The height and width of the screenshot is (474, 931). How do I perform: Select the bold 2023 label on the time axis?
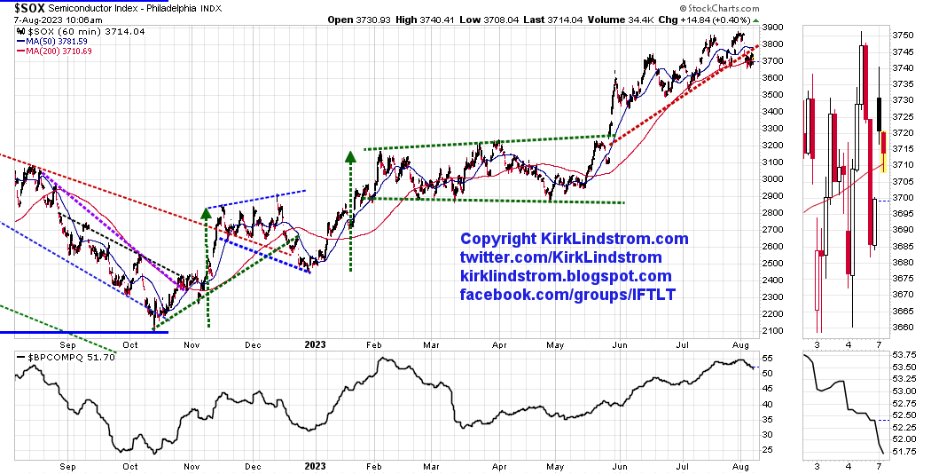(315, 342)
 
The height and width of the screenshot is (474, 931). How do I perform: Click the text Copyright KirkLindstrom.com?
(574, 239)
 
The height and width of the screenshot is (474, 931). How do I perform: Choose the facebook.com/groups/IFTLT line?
(567, 294)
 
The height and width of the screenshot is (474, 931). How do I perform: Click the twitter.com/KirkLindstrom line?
(560, 257)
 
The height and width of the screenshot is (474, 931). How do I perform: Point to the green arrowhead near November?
(206, 213)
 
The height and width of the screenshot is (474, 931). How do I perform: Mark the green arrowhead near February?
(350, 156)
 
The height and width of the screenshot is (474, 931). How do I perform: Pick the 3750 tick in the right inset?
(903, 35)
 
